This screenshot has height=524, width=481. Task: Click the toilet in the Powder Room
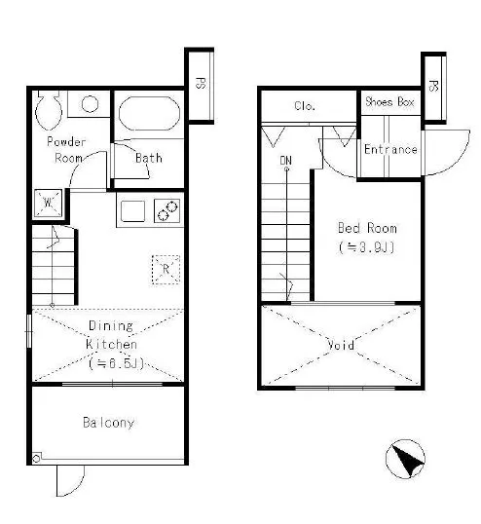coord(49,110)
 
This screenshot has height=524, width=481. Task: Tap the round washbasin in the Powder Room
coord(90,104)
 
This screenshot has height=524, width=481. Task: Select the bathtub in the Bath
coord(149,113)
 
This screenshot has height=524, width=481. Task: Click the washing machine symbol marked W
coord(49,203)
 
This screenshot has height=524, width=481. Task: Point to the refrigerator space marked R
coord(166,270)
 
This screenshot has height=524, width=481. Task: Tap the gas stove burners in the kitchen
coord(167,211)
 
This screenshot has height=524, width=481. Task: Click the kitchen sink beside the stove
coord(132,211)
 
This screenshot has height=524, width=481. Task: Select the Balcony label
coord(108,423)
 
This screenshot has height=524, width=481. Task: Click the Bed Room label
coord(367,228)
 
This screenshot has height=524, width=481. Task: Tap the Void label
coord(341,345)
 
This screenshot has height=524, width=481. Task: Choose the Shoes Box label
coord(389,101)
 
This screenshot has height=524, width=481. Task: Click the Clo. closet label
coord(305,106)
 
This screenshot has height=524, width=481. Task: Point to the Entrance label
coord(390,149)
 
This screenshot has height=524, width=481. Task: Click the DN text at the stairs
coord(286,161)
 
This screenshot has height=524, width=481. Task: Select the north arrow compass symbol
coord(405,459)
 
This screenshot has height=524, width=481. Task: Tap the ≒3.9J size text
coord(367,247)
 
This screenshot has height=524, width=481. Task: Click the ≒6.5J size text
coord(116,363)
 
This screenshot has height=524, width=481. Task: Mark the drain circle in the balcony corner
coord(36,459)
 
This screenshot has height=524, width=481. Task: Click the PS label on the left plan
coord(200,83)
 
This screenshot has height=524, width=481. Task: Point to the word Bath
coord(149,158)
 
